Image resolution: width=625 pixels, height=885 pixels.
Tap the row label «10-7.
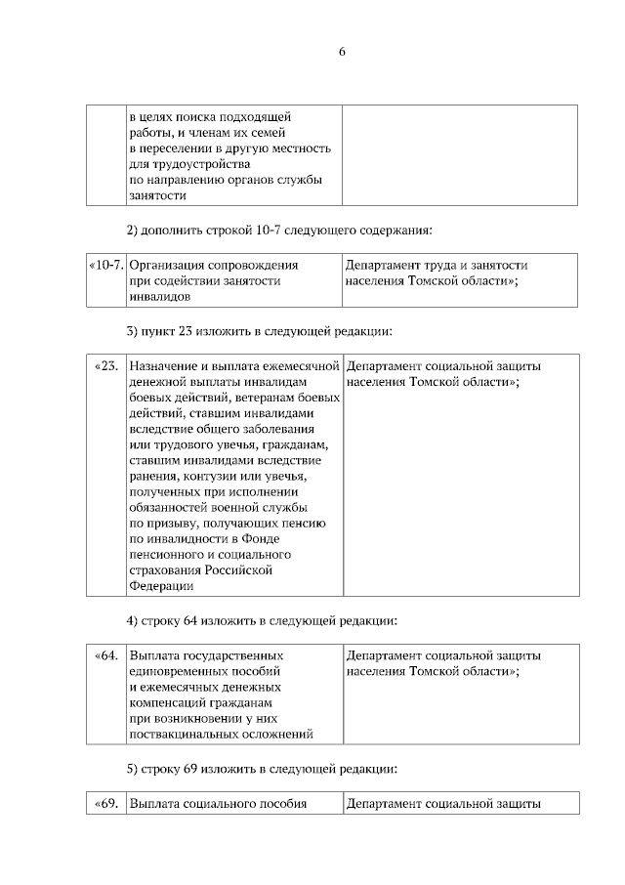coord(105,265)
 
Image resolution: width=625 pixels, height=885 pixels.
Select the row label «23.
coord(106,366)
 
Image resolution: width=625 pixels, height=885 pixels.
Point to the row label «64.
coord(106,655)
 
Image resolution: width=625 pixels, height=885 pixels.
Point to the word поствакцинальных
coord(187,734)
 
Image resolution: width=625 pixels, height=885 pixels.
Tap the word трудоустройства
coord(190,164)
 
